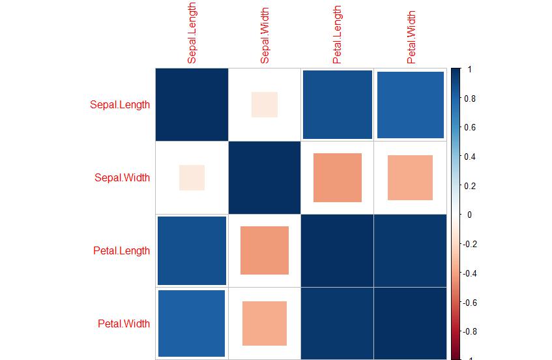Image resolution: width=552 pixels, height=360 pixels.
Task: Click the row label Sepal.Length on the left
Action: pyautogui.click(x=120, y=104)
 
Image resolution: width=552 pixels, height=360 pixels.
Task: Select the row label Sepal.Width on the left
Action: pyautogui.click(x=122, y=177)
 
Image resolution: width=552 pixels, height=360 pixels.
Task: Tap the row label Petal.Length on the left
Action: pyautogui.click(x=121, y=251)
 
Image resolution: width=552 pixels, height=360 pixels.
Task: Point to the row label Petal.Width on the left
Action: pyautogui.click(x=124, y=323)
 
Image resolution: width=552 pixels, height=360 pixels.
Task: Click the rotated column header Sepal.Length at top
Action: pyautogui.click(x=192, y=33)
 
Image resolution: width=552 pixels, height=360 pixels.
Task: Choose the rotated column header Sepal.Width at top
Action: pyautogui.click(x=265, y=36)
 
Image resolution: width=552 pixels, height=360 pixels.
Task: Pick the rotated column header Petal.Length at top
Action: pyautogui.click(x=337, y=35)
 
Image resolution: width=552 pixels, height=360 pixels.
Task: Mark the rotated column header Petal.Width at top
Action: pyautogui.click(x=411, y=37)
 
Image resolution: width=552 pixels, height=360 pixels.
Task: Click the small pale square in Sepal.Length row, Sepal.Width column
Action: pyautogui.click(x=265, y=104)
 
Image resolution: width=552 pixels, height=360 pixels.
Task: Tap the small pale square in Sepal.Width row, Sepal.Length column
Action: pyautogui.click(x=192, y=177)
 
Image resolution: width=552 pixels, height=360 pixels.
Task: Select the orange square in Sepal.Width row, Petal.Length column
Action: pyautogui.click(x=337, y=177)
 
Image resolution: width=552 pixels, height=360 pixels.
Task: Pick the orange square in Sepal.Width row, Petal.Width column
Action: pyautogui.click(x=410, y=177)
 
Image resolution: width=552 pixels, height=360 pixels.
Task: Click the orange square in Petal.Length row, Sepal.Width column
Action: pyautogui.click(x=265, y=250)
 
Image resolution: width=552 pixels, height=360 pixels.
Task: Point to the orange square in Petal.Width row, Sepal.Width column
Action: pyautogui.click(x=265, y=323)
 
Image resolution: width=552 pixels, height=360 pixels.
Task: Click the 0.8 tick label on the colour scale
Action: pyautogui.click(x=470, y=98)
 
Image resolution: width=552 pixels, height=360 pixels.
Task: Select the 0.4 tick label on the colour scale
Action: pyautogui.click(x=470, y=157)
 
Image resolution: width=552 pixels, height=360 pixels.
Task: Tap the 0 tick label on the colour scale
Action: pyautogui.click(x=469, y=215)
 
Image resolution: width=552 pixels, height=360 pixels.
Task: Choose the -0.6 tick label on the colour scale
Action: pyautogui.click(x=469, y=303)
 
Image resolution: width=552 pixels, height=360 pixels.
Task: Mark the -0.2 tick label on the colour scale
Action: pyautogui.click(x=469, y=244)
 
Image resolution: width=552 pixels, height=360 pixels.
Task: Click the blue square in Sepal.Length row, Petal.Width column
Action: pyautogui.click(x=411, y=105)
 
